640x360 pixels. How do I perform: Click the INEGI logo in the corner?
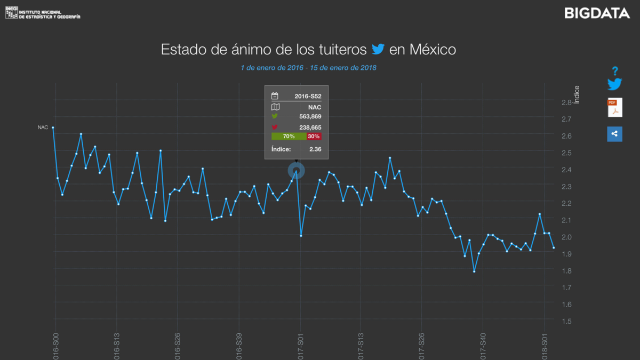click(12, 13)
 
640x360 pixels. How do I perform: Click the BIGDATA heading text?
click(597, 13)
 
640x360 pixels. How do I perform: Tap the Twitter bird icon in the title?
click(378, 50)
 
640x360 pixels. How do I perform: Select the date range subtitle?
click(309, 68)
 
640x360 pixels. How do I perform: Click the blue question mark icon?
click(615, 71)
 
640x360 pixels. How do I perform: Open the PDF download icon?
click(615, 107)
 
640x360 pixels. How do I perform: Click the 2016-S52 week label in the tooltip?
click(308, 97)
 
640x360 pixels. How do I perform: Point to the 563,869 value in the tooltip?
click(310, 116)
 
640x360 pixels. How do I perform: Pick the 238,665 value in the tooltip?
click(310, 127)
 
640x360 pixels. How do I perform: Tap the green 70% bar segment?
click(289, 137)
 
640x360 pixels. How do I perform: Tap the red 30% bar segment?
click(314, 137)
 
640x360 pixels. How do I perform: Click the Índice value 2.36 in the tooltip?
click(315, 149)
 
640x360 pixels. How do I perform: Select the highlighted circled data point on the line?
click(296, 171)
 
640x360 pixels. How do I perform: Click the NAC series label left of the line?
click(43, 127)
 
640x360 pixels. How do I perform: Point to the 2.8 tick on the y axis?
click(566, 102)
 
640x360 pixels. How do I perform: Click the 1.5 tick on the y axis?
click(566, 321)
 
